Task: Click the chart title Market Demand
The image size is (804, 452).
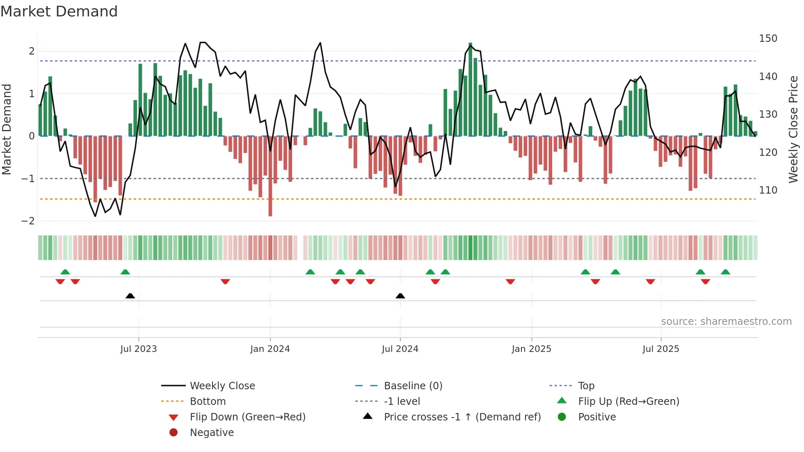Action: [x=59, y=11]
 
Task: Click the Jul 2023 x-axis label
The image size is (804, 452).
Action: [x=138, y=349]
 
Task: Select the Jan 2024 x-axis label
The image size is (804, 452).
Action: [x=270, y=349]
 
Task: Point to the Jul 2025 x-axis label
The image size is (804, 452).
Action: [x=660, y=349]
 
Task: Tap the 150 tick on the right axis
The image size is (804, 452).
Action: [x=768, y=39]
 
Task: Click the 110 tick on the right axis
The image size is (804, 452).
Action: [x=768, y=190]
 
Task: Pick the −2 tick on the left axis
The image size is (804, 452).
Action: [x=28, y=221]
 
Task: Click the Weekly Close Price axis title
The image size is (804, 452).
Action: [x=793, y=129]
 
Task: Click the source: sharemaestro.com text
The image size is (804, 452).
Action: [x=726, y=322]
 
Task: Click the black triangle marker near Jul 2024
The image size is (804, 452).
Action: [x=400, y=296]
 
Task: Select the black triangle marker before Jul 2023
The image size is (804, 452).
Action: [x=130, y=296]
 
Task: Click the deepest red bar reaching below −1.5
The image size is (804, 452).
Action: [x=270, y=176]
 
